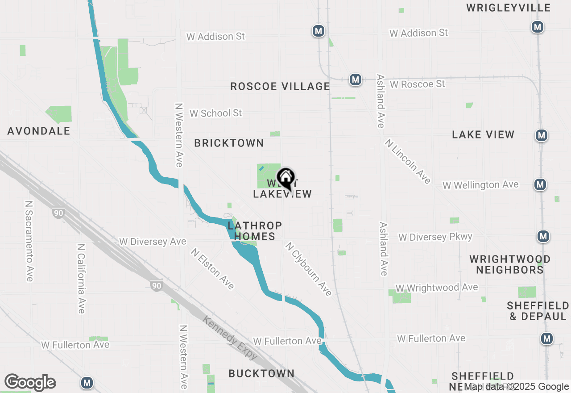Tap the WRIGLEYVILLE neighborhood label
(x=508, y=8)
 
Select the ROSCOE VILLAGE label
(x=280, y=86)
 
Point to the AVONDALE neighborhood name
(x=39, y=131)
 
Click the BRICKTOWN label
(x=229, y=143)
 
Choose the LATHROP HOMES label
(x=255, y=231)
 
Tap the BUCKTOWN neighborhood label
(x=261, y=373)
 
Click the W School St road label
(x=215, y=113)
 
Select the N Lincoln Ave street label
(x=408, y=161)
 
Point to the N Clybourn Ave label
(x=309, y=269)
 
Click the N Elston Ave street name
(x=212, y=269)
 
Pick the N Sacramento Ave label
(x=29, y=241)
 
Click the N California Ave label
(x=81, y=279)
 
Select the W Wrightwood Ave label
(x=437, y=288)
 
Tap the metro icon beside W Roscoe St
(x=355, y=80)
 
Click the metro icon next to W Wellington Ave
(x=540, y=184)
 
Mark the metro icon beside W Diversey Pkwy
(x=543, y=236)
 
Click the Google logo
(x=30, y=382)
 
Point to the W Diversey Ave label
(x=153, y=242)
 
